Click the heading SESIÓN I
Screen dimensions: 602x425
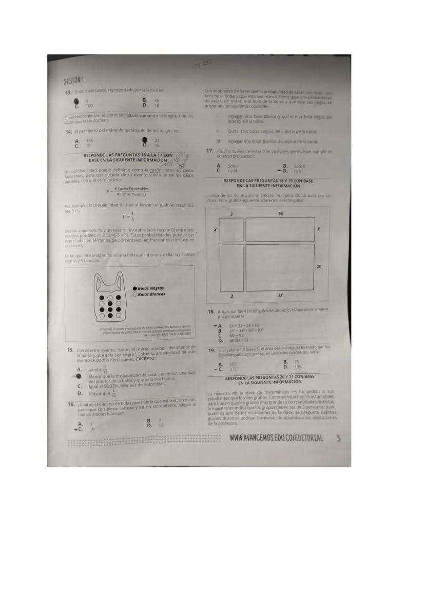click(74, 81)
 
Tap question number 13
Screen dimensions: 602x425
click(67, 91)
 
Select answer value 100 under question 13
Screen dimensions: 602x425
click(89, 105)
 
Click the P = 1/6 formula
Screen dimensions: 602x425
click(128, 216)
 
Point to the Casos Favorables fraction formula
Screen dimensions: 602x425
click(128, 191)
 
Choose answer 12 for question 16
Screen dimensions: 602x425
click(161, 426)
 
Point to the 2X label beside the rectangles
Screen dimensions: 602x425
click(319, 267)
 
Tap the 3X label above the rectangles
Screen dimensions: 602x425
click(280, 213)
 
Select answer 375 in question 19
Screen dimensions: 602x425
click(233, 369)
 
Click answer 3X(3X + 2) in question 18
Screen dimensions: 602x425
click(239, 340)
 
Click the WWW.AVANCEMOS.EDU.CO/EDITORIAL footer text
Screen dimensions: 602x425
click(277, 438)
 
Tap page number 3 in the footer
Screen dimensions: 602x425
click(338, 438)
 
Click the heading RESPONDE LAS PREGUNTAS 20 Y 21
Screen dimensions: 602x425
click(269, 379)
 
